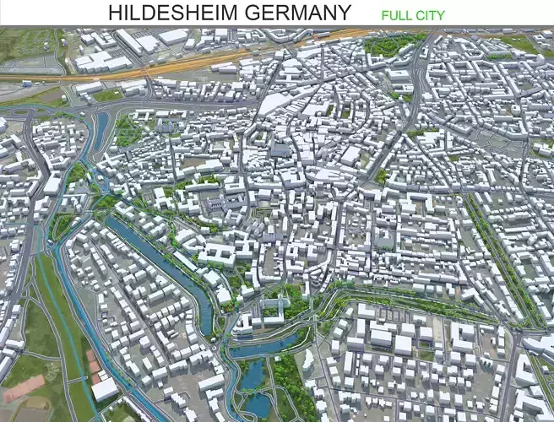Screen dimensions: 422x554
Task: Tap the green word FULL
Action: [396, 15]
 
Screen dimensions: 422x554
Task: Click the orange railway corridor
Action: [211, 59]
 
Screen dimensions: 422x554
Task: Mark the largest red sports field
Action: [23, 389]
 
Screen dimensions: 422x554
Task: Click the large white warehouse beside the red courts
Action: [105, 389]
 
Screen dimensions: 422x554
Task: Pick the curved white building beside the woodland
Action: [307, 359]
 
